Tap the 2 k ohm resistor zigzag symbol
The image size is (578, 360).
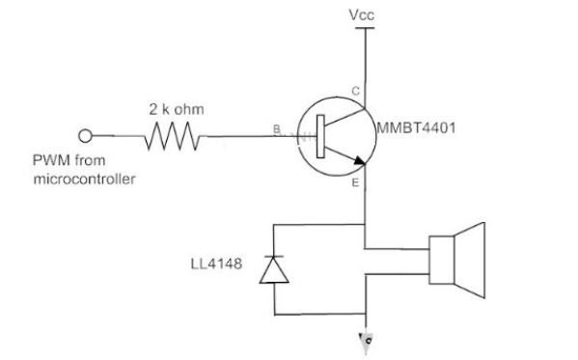174,140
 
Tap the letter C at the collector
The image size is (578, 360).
356,91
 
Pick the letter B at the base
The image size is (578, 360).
277,129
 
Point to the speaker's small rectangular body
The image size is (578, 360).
441,259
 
